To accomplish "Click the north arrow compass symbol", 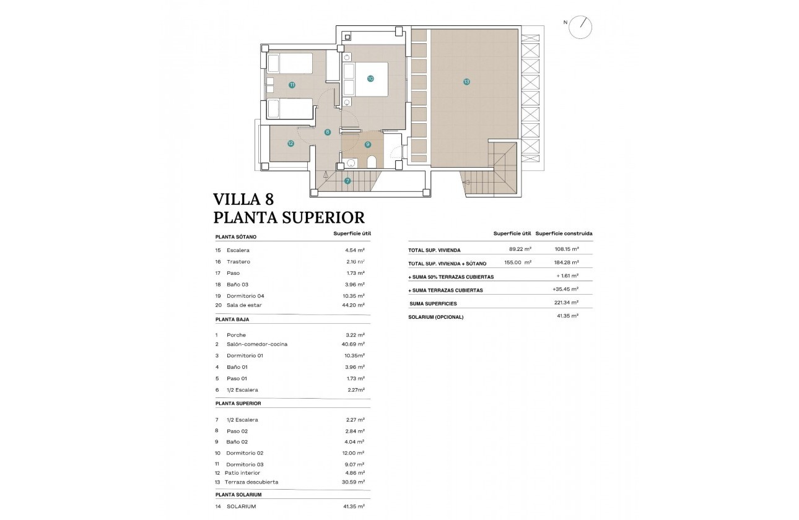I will tap(582, 26).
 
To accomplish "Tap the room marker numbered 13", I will tap(466, 81).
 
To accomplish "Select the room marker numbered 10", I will tap(370, 79).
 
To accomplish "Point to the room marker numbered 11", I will tap(291, 85).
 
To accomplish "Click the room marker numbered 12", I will tap(290, 144).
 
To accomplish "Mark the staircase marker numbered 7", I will tap(347, 181).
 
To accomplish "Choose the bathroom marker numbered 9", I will tap(367, 144).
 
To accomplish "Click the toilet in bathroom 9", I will tap(372, 162).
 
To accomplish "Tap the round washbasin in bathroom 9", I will tap(351, 163).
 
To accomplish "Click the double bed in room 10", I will tap(365, 79).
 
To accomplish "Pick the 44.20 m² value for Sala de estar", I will tap(354, 305).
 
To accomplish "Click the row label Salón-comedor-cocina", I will tap(257, 344).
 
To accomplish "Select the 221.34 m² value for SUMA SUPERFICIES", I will tap(566, 303).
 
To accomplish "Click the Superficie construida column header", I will tap(564, 233).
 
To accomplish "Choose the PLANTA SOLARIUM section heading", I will tap(238, 495).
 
